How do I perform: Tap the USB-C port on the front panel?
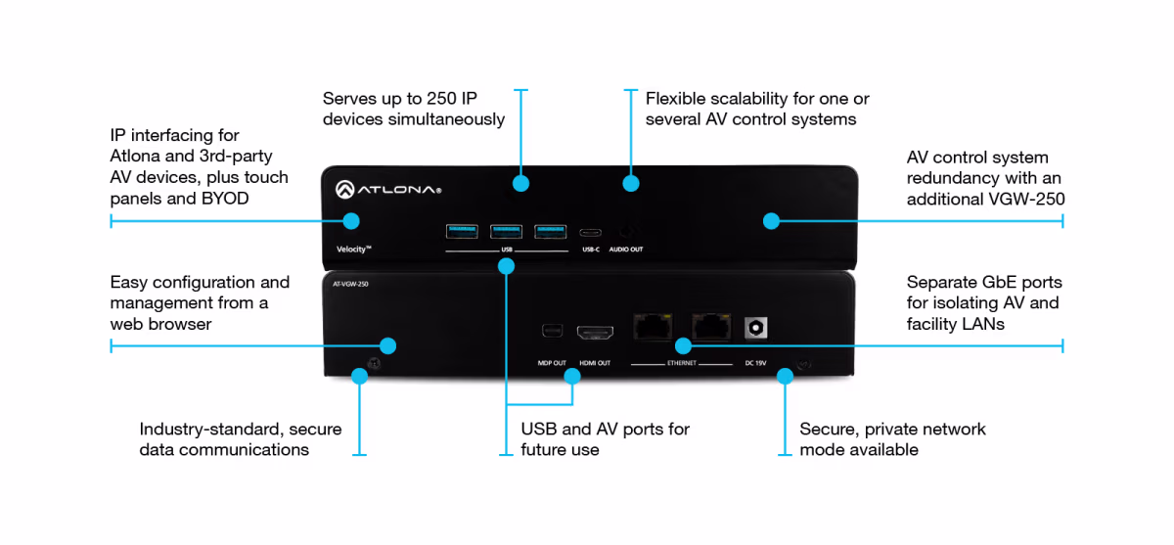(590, 233)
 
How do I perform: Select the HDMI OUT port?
(595, 332)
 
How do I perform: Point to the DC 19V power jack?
(754, 327)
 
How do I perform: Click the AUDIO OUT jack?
(626, 233)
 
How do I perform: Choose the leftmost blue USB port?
(462, 231)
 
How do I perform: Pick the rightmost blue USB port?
(550, 231)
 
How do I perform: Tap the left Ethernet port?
(652, 327)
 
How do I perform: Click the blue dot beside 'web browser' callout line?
(387, 345)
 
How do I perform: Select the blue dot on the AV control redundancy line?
(771, 221)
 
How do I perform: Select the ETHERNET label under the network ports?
(682, 363)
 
